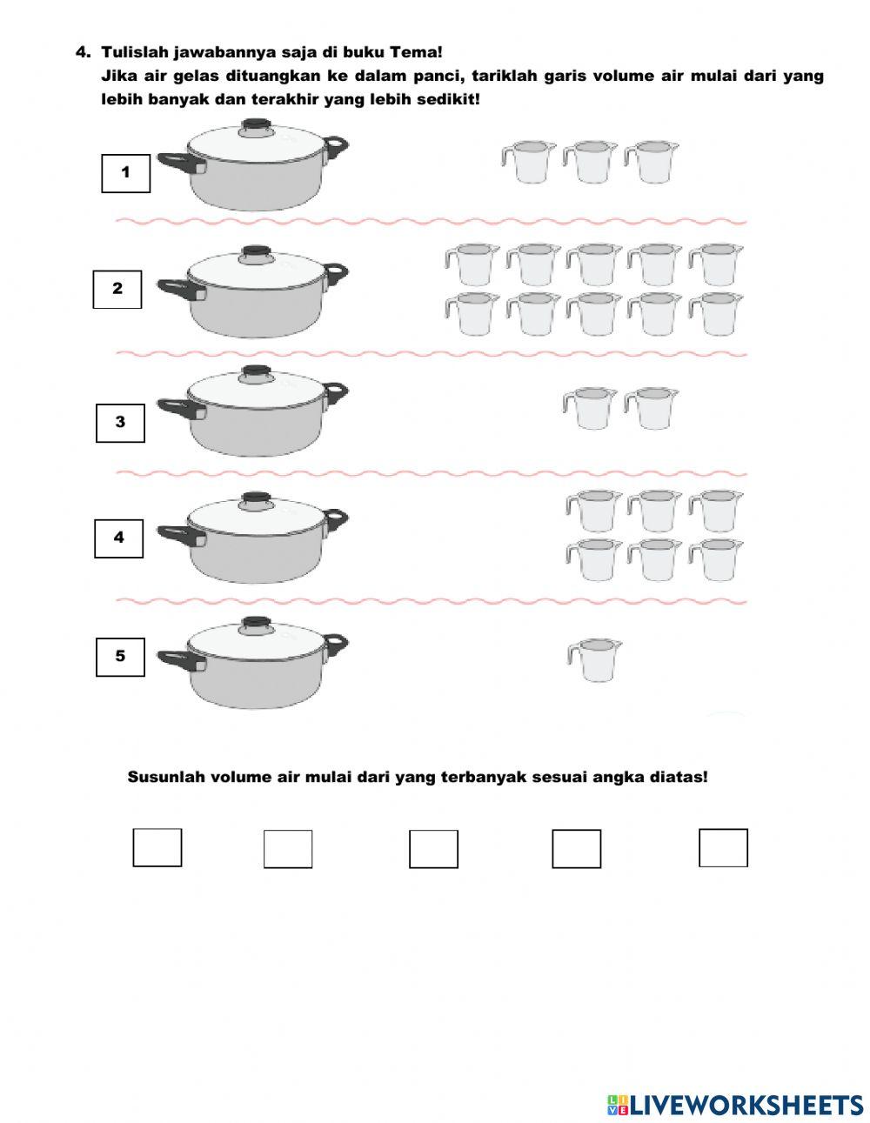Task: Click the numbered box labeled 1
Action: [x=125, y=173]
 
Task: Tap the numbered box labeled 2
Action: [x=117, y=290]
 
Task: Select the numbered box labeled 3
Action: [x=120, y=424]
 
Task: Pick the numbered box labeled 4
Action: [x=119, y=538]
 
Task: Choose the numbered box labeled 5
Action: [x=120, y=657]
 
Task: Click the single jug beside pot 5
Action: [x=594, y=659]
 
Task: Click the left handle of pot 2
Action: [x=181, y=290]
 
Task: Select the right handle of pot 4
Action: [x=337, y=518]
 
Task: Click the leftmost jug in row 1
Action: [x=528, y=161]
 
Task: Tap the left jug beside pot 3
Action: [x=590, y=408]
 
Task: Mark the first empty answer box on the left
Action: [x=157, y=847]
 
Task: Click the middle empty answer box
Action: [x=433, y=849]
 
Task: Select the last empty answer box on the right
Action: [x=723, y=848]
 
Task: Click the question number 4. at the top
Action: [x=84, y=52]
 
